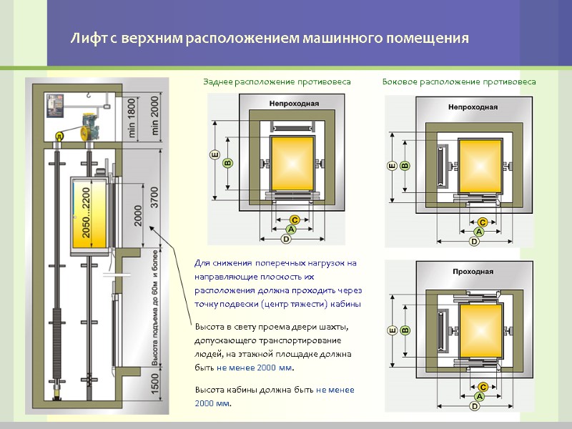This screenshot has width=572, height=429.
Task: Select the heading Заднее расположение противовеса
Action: [277, 82]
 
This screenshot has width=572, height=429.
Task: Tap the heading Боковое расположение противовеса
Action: [459, 82]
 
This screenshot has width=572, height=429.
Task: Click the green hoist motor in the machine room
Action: [89, 127]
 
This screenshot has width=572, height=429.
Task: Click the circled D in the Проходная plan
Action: [473, 407]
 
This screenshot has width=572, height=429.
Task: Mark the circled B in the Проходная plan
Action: [405, 330]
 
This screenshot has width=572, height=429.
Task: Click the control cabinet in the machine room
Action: [53, 107]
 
